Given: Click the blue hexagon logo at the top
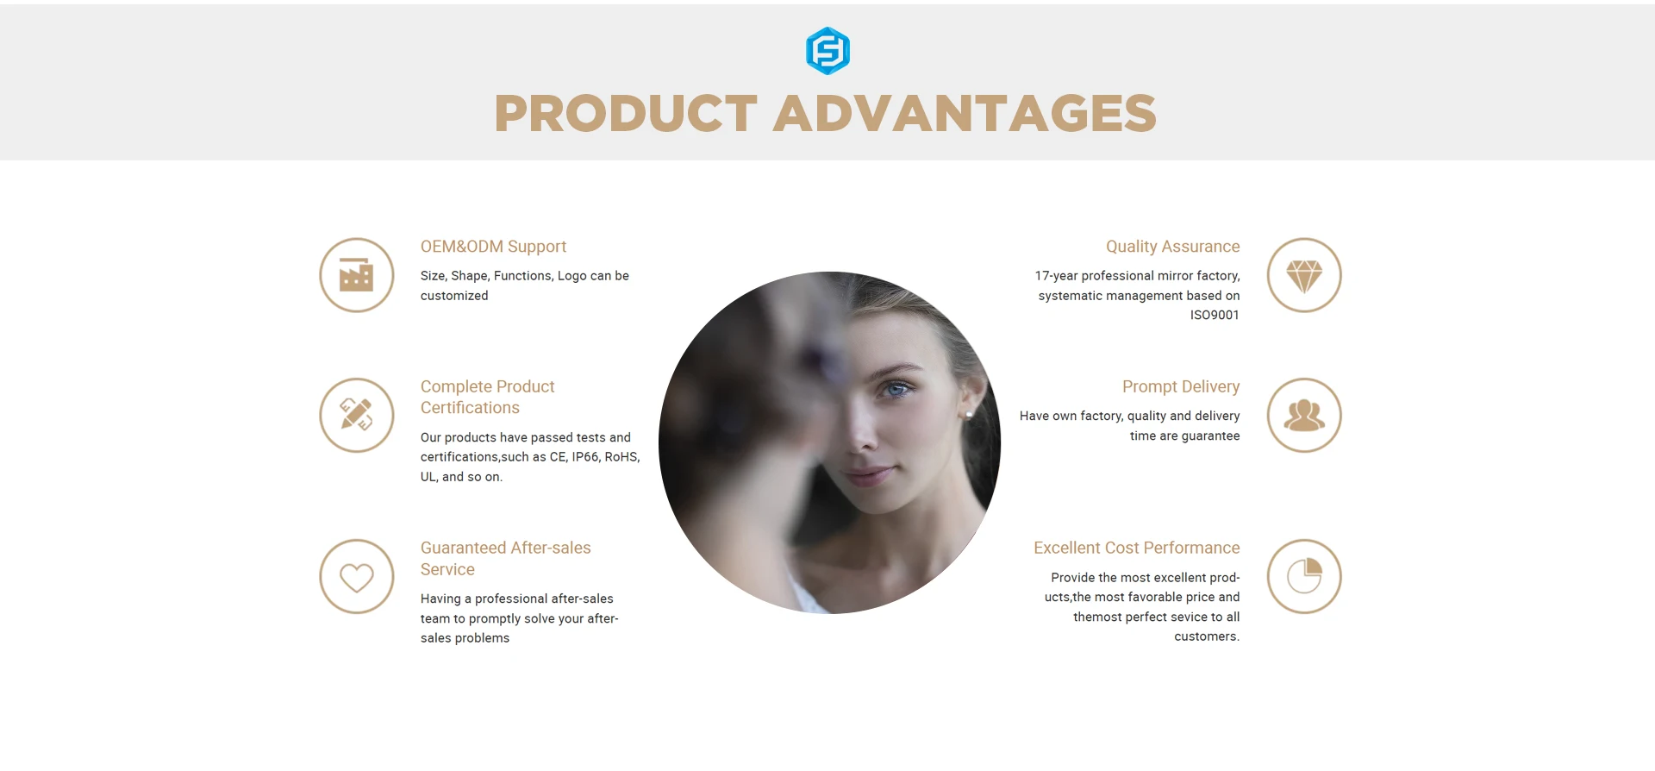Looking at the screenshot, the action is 827,51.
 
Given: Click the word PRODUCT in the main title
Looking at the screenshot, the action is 626,114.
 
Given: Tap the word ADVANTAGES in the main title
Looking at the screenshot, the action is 965,114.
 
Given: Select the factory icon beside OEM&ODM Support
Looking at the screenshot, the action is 356,275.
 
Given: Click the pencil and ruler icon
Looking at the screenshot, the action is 356,415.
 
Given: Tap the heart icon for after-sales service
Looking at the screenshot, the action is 356,577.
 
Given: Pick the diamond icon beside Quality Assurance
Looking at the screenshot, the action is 1304,276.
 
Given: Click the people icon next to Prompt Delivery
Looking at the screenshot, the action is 1304,416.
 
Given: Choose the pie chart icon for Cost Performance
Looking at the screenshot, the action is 1304,576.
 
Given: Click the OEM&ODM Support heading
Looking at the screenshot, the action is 493,247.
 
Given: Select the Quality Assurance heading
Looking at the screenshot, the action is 1173,247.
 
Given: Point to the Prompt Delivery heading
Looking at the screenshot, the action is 1181,387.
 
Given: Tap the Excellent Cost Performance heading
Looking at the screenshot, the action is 1137,548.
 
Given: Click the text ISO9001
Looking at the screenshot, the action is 1215,316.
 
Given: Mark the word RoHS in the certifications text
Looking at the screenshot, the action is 621,457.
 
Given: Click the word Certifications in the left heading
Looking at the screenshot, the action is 470,408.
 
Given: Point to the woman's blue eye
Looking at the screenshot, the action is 897,390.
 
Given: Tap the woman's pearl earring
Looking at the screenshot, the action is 969,415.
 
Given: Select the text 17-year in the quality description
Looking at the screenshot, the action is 1057,276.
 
